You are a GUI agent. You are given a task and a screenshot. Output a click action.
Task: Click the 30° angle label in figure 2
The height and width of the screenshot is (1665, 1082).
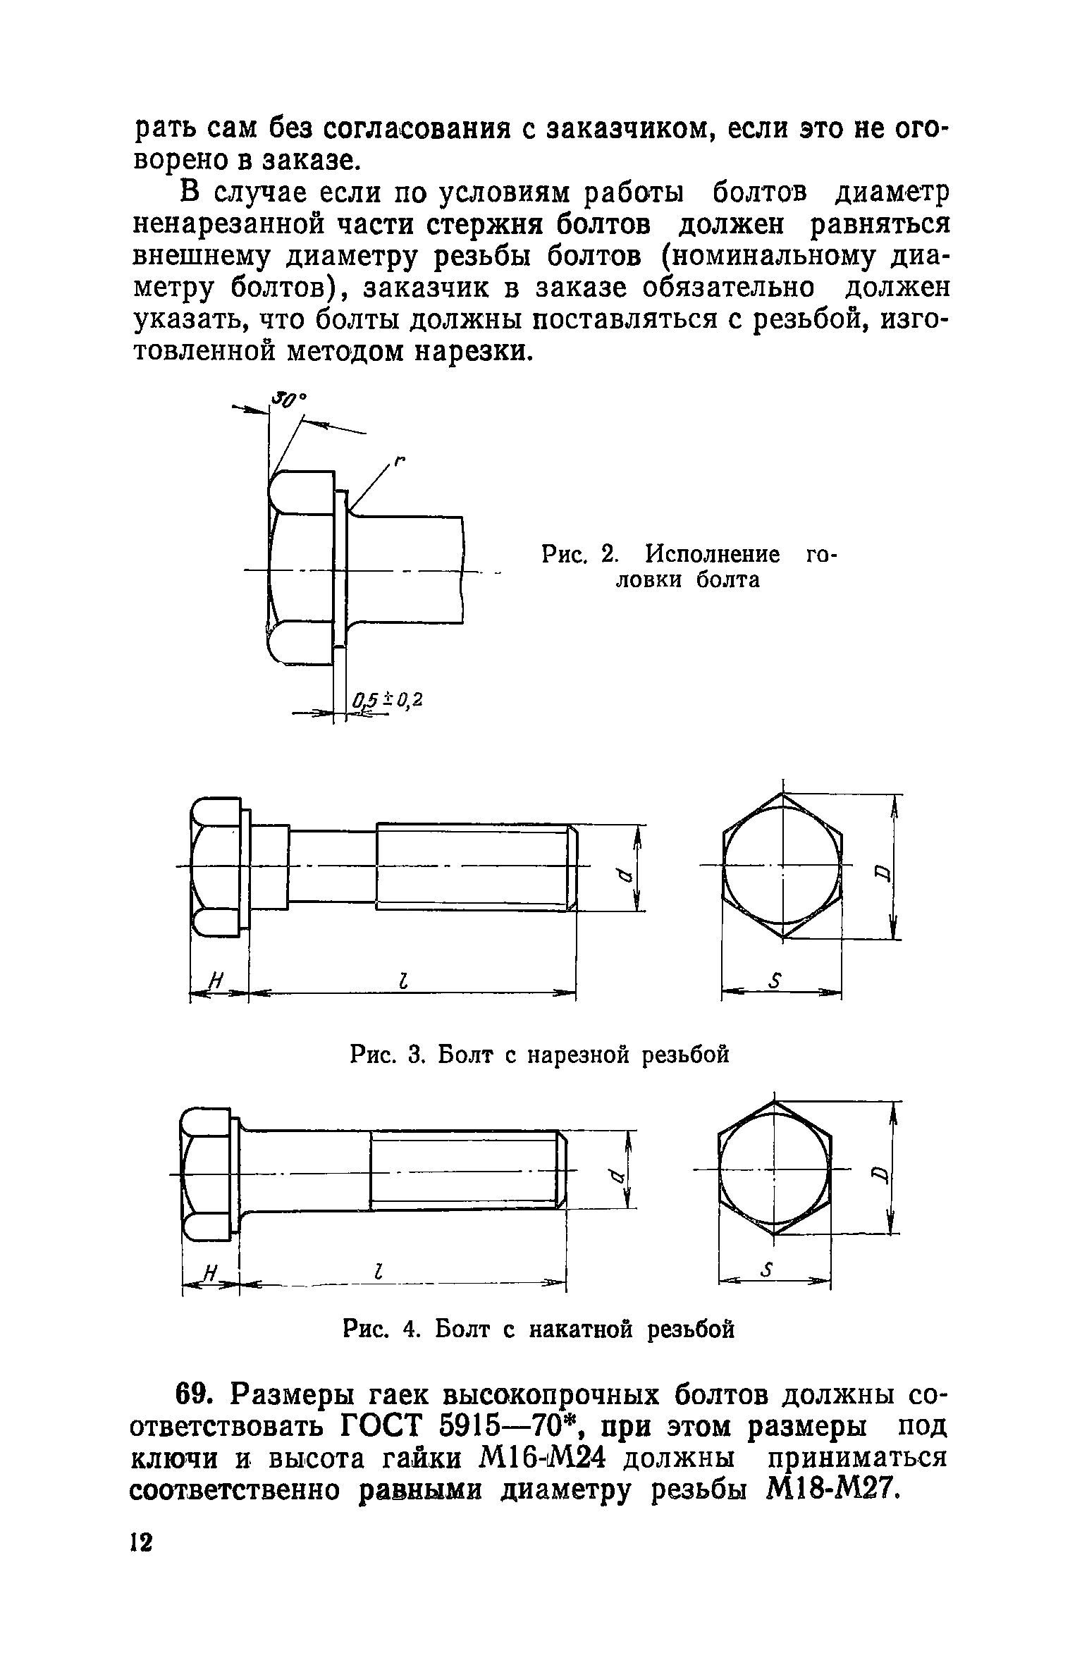[289, 400]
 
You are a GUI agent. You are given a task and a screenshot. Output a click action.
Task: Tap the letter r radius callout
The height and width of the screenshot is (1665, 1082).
[400, 460]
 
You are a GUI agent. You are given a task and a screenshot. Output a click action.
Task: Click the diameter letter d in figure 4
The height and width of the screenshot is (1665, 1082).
[613, 1175]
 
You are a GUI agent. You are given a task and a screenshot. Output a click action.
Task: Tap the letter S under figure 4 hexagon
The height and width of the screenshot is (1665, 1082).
[768, 1271]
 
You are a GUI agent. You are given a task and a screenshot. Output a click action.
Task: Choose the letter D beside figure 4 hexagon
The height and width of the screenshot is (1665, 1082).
[879, 1174]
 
